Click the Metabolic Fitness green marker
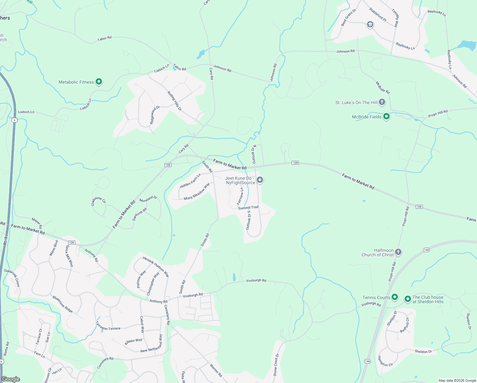point(99,82)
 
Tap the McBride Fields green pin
point(386,116)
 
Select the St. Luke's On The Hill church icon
point(382,102)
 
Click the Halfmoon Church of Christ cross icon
point(398,252)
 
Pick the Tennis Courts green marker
point(394,297)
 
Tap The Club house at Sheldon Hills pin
point(407,299)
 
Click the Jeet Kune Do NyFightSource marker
point(260,180)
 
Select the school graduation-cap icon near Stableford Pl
point(370,25)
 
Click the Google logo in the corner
point(11,379)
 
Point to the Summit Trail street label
point(248,208)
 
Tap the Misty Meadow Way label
point(197,192)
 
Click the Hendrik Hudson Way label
point(156,267)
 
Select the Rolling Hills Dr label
point(174,101)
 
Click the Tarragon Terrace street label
point(108,327)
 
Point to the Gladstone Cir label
point(99,201)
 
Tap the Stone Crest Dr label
point(276,364)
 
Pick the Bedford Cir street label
point(405,325)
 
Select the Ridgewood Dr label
point(155,115)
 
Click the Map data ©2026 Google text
point(457,380)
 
